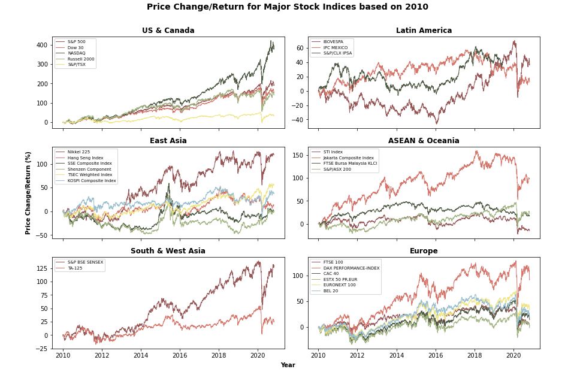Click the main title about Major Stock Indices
pyautogui.click(x=288, y=7)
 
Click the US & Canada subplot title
pyautogui.click(x=168, y=31)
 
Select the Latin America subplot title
pyautogui.click(x=424, y=31)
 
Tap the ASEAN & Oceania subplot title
pyautogui.click(x=424, y=141)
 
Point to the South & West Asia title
pyautogui.click(x=168, y=251)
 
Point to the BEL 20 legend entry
pyautogui.click(x=331, y=291)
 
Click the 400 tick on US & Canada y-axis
pyautogui.click(x=42, y=45)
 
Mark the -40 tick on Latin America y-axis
pyautogui.click(x=298, y=120)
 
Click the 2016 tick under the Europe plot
pyautogui.click(x=435, y=355)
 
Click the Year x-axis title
pyautogui.click(x=288, y=365)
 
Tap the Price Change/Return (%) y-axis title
pyautogui.click(x=28, y=192)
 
